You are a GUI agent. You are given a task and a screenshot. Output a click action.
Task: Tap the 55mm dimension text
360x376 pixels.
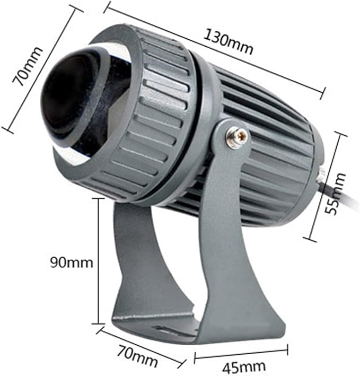[x=335, y=194]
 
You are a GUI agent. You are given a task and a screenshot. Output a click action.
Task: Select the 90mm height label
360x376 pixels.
[x=72, y=263]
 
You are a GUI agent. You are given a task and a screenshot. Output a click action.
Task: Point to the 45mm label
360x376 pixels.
[x=244, y=366]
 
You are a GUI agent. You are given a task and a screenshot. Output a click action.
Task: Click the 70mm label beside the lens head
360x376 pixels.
[x=28, y=66]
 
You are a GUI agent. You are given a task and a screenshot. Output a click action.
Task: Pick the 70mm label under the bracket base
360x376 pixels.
[x=137, y=355]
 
